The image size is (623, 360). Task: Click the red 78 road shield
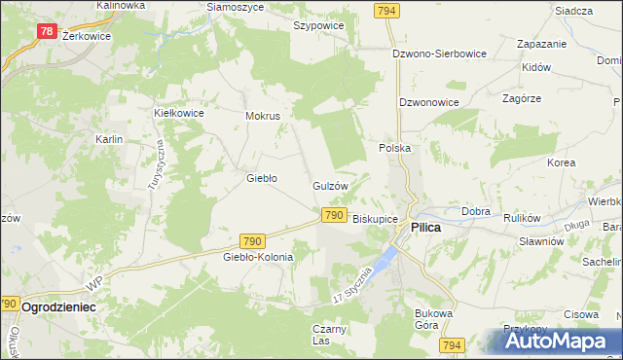pyautogui.click(x=47, y=31)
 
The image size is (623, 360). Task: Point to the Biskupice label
pyautogui.click(x=375, y=219)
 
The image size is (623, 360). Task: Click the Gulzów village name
pyautogui.click(x=330, y=185)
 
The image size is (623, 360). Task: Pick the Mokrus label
pyautogui.click(x=263, y=116)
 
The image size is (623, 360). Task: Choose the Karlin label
pyautogui.click(x=108, y=139)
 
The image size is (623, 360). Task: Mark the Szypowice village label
pyautogui.click(x=317, y=26)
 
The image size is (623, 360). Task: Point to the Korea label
pyautogui.click(x=561, y=162)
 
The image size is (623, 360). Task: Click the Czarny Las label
pyautogui.click(x=330, y=335)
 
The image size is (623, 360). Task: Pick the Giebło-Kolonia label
pyautogui.click(x=258, y=257)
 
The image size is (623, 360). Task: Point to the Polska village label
pyautogui.click(x=394, y=148)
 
